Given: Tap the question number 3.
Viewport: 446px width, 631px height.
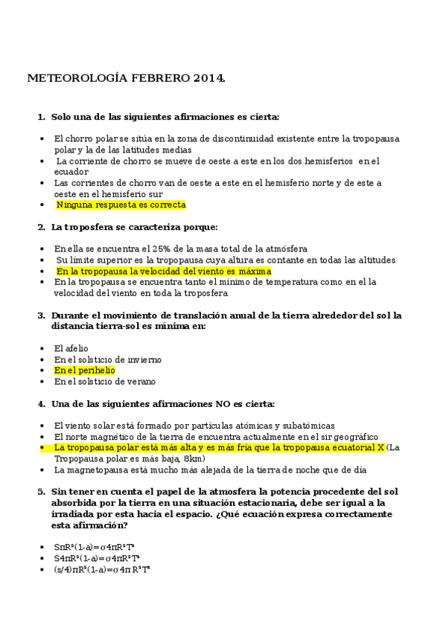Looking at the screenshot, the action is (41, 315).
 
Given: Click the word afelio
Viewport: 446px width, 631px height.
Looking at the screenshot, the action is (71, 348).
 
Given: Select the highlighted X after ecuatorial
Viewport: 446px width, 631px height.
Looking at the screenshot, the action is (380, 447).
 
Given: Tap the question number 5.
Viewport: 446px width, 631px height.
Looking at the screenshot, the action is (41, 492).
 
